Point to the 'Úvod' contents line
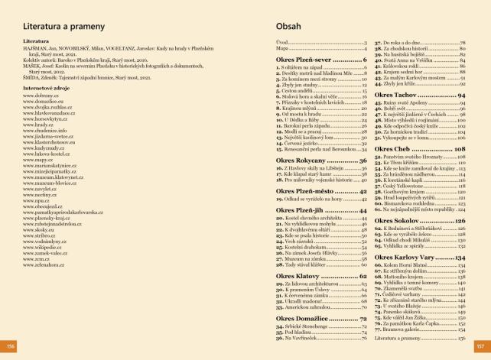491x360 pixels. point(281,42)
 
